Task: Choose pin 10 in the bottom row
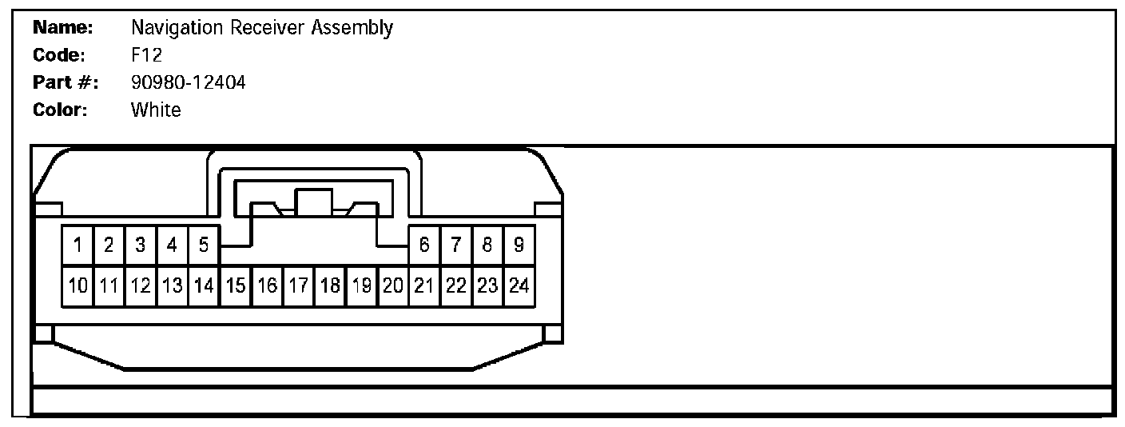[78, 285]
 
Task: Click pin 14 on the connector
[204, 285]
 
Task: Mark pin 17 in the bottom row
[298, 285]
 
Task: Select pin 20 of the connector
[392, 285]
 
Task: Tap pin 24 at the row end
[519, 285]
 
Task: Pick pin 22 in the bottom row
[455, 285]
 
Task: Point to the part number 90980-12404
[188, 82]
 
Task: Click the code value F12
[146, 55]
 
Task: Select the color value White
[156, 110]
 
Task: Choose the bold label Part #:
[66, 82]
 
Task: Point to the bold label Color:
[60, 110]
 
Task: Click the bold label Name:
[63, 28]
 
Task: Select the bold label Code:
[60, 55]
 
